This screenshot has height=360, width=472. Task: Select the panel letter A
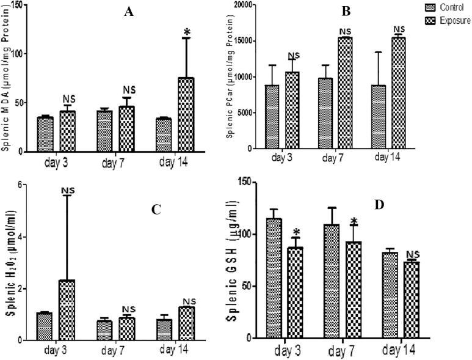129,12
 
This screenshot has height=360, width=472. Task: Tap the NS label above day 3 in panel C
67,191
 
